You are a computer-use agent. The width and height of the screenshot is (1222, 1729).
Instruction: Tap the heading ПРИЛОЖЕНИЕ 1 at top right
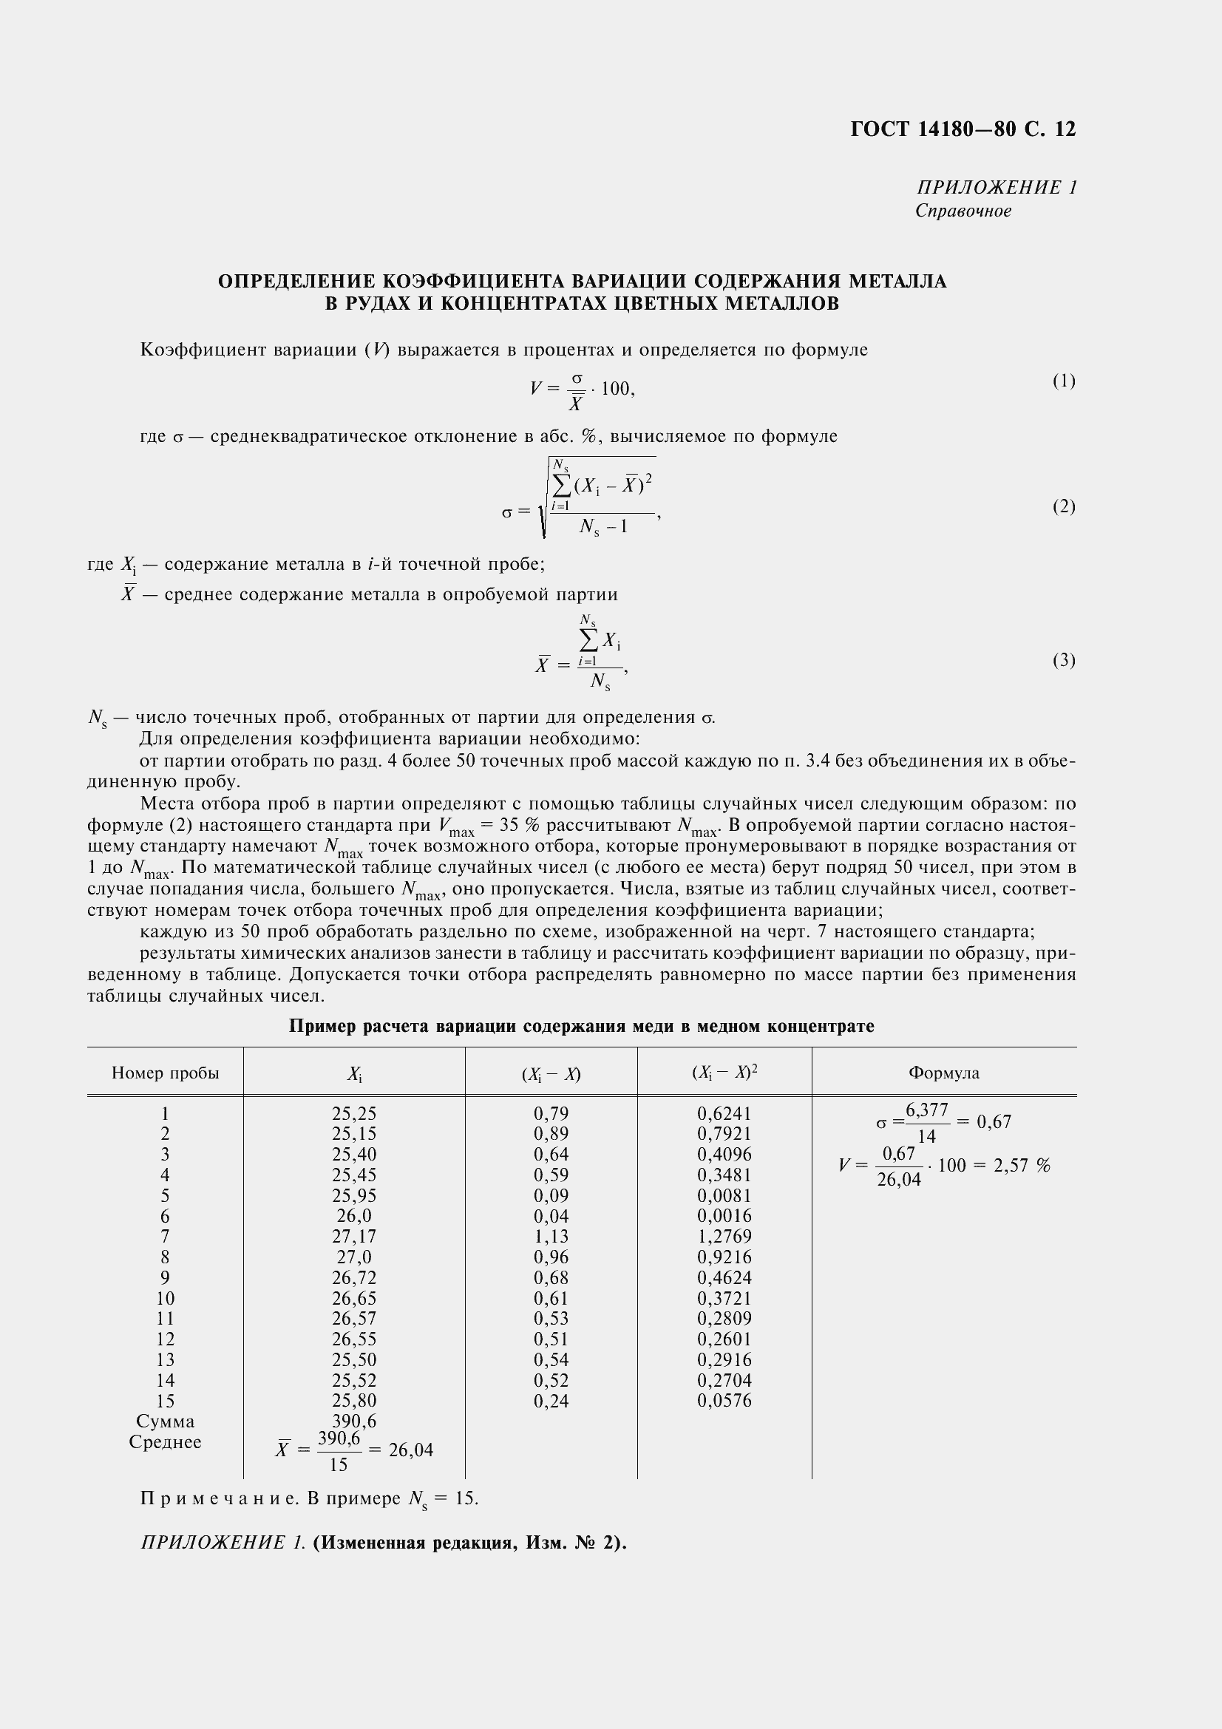click(x=996, y=188)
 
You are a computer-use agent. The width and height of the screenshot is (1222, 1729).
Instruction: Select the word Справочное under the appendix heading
click(x=963, y=211)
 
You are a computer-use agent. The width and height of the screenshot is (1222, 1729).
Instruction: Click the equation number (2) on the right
click(x=1063, y=506)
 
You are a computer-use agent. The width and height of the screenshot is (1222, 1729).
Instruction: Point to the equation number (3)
click(x=1063, y=660)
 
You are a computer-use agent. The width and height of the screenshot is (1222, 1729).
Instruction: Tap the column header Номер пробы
click(x=165, y=1073)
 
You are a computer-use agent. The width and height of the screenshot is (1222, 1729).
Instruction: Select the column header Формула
click(x=943, y=1073)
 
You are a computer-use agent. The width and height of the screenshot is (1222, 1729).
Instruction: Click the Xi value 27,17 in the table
click(x=354, y=1237)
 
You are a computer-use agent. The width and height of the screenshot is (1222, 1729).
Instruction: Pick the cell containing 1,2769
click(x=724, y=1237)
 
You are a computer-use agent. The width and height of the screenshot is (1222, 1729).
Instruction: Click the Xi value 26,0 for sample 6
click(x=354, y=1216)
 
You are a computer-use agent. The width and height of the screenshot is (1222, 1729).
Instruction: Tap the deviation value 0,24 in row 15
click(x=551, y=1401)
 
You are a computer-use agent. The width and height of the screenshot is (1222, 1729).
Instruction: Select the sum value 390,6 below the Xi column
click(x=354, y=1421)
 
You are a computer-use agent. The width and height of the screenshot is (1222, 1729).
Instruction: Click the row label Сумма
click(x=165, y=1421)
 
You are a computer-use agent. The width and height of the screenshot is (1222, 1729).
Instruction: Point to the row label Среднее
click(x=165, y=1442)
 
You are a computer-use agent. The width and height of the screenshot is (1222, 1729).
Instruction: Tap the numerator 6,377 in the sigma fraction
click(x=926, y=1111)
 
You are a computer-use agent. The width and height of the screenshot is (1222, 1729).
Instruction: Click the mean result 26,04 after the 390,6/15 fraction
click(x=410, y=1450)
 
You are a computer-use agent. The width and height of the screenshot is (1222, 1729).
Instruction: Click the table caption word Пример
click(x=321, y=1027)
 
